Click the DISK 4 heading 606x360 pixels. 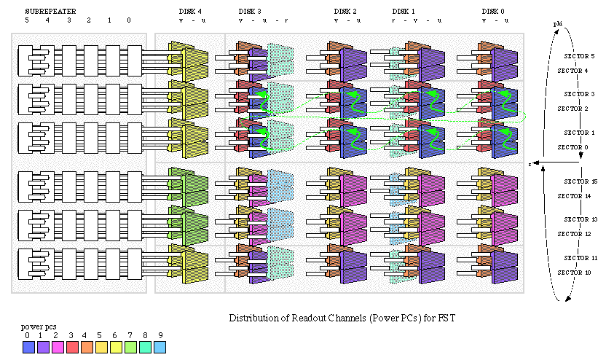click(x=191, y=11)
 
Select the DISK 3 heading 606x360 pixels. click(x=251, y=11)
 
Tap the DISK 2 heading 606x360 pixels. click(x=345, y=11)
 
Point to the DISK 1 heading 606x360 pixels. click(x=404, y=11)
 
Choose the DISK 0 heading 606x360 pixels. click(x=493, y=11)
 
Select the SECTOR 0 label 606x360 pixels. click(x=572, y=147)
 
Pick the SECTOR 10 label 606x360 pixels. click(x=573, y=273)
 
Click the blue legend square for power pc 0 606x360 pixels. click(x=28, y=348)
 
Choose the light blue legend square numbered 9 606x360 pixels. click(x=160, y=348)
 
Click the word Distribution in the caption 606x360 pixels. click(x=253, y=318)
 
